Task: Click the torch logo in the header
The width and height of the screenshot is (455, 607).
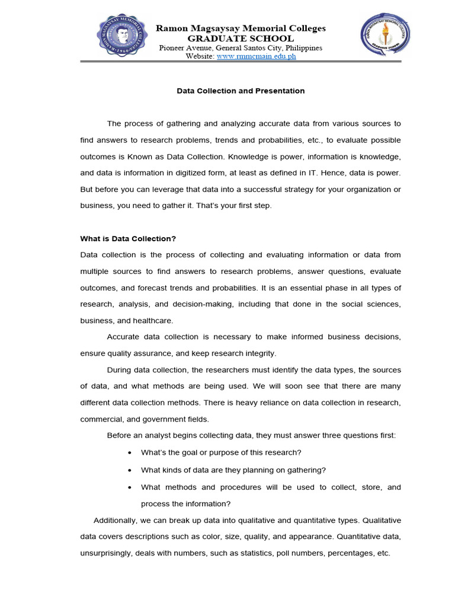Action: click(386, 35)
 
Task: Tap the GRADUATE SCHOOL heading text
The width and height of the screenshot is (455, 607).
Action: click(241, 39)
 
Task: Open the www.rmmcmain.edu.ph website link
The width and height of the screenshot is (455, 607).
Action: click(257, 56)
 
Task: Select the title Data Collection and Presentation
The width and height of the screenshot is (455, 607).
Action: click(241, 91)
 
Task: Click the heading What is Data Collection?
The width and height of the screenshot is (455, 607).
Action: click(128, 239)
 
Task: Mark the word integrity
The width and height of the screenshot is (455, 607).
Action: click(258, 353)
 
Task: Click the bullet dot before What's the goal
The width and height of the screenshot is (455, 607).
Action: click(130, 453)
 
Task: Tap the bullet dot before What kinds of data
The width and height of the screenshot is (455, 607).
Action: click(130, 470)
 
